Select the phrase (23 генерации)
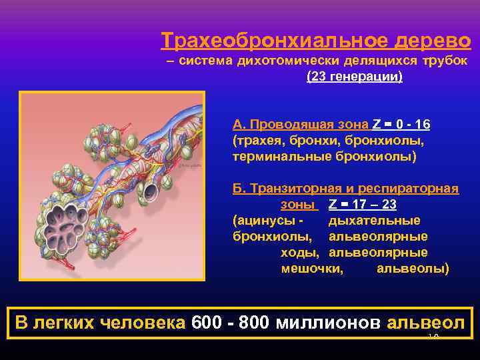pyautogui.click(x=354, y=77)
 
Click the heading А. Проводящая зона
pyautogui.click(x=300, y=125)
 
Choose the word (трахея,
pyautogui.click(x=257, y=141)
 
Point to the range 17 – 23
pyautogui.click(x=371, y=205)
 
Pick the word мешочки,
pyautogui.click(x=313, y=269)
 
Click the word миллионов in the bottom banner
pyautogui.click(x=326, y=323)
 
